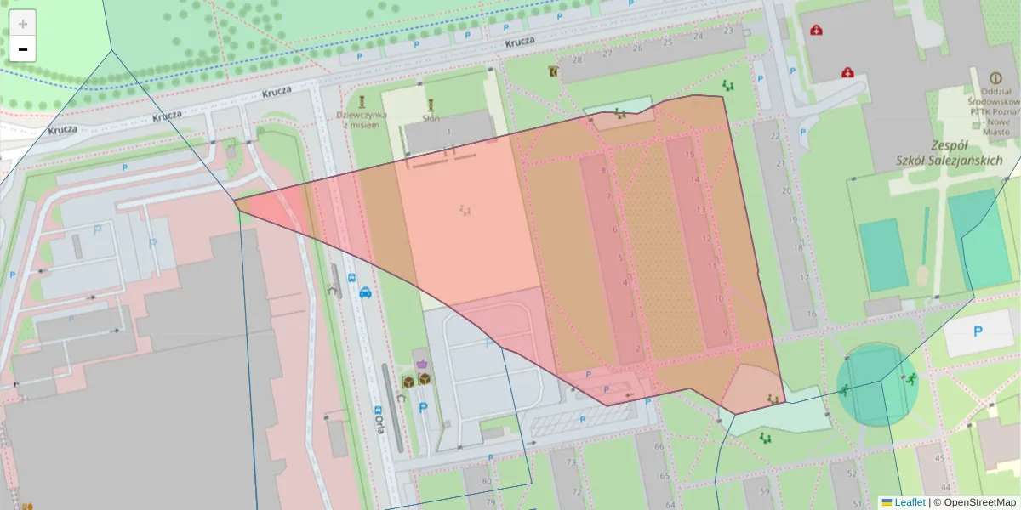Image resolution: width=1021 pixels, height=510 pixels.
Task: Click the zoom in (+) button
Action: point(23,24)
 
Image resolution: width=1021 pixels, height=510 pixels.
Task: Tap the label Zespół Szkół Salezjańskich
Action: point(950,152)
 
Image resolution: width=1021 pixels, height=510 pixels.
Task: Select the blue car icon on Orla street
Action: point(365,292)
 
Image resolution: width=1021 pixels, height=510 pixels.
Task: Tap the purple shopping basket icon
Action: point(421,363)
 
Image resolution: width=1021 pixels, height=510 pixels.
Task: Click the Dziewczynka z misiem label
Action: point(362,119)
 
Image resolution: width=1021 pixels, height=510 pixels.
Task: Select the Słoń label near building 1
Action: point(431,119)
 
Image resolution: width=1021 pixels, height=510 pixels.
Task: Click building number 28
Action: point(577,59)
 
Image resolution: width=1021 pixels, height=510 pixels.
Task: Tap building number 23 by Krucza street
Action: point(727,31)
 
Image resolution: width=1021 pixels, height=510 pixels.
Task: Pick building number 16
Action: point(811,314)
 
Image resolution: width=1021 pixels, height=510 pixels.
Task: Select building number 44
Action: point(944,460)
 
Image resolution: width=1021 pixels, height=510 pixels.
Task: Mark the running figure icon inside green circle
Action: point(910,379)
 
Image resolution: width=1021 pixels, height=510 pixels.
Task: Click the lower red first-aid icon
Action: point(847,73)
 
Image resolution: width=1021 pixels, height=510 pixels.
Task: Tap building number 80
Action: point(487,482)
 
